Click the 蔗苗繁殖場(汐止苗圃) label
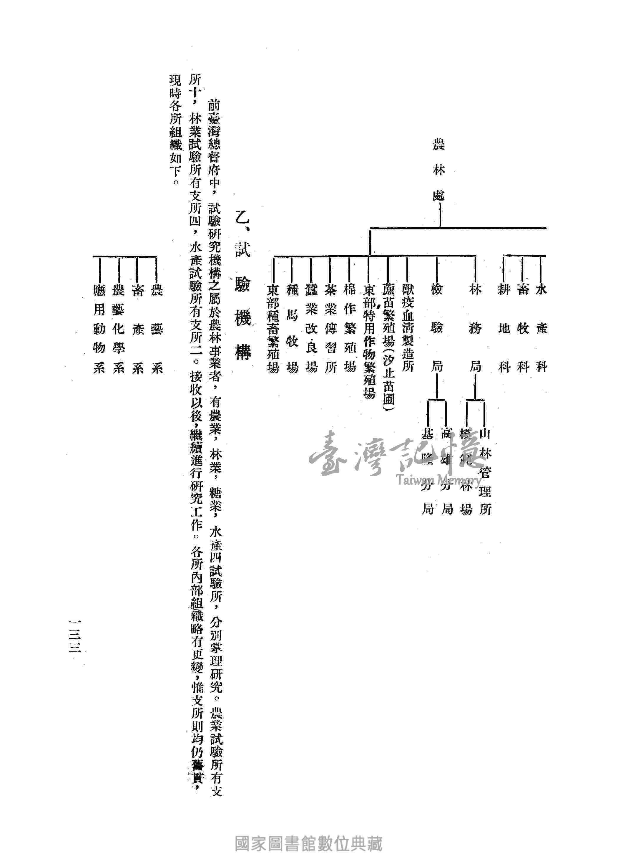click(388, 349)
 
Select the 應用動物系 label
click(99, 328)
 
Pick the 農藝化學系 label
click(118, 328)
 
